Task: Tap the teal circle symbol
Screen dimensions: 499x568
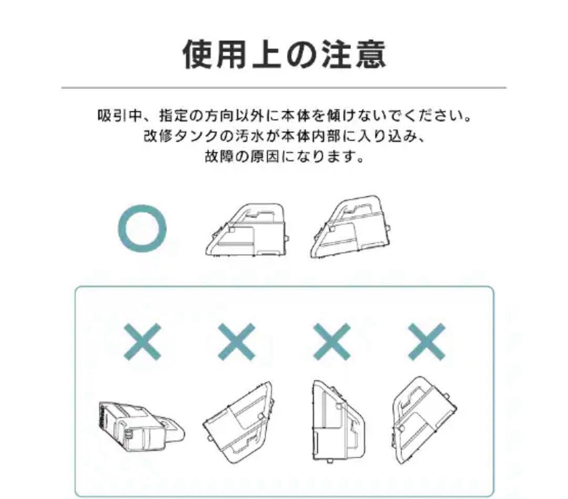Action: point(142,230)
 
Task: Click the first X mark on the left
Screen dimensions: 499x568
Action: point(142,341)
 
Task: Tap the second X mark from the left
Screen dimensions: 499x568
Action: point(237,341)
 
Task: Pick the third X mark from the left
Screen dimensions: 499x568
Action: point(332,341)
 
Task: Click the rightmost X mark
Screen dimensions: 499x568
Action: point(427,341)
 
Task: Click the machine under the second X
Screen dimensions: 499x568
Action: point(238,423)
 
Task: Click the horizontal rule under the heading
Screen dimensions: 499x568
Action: point(284,87)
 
